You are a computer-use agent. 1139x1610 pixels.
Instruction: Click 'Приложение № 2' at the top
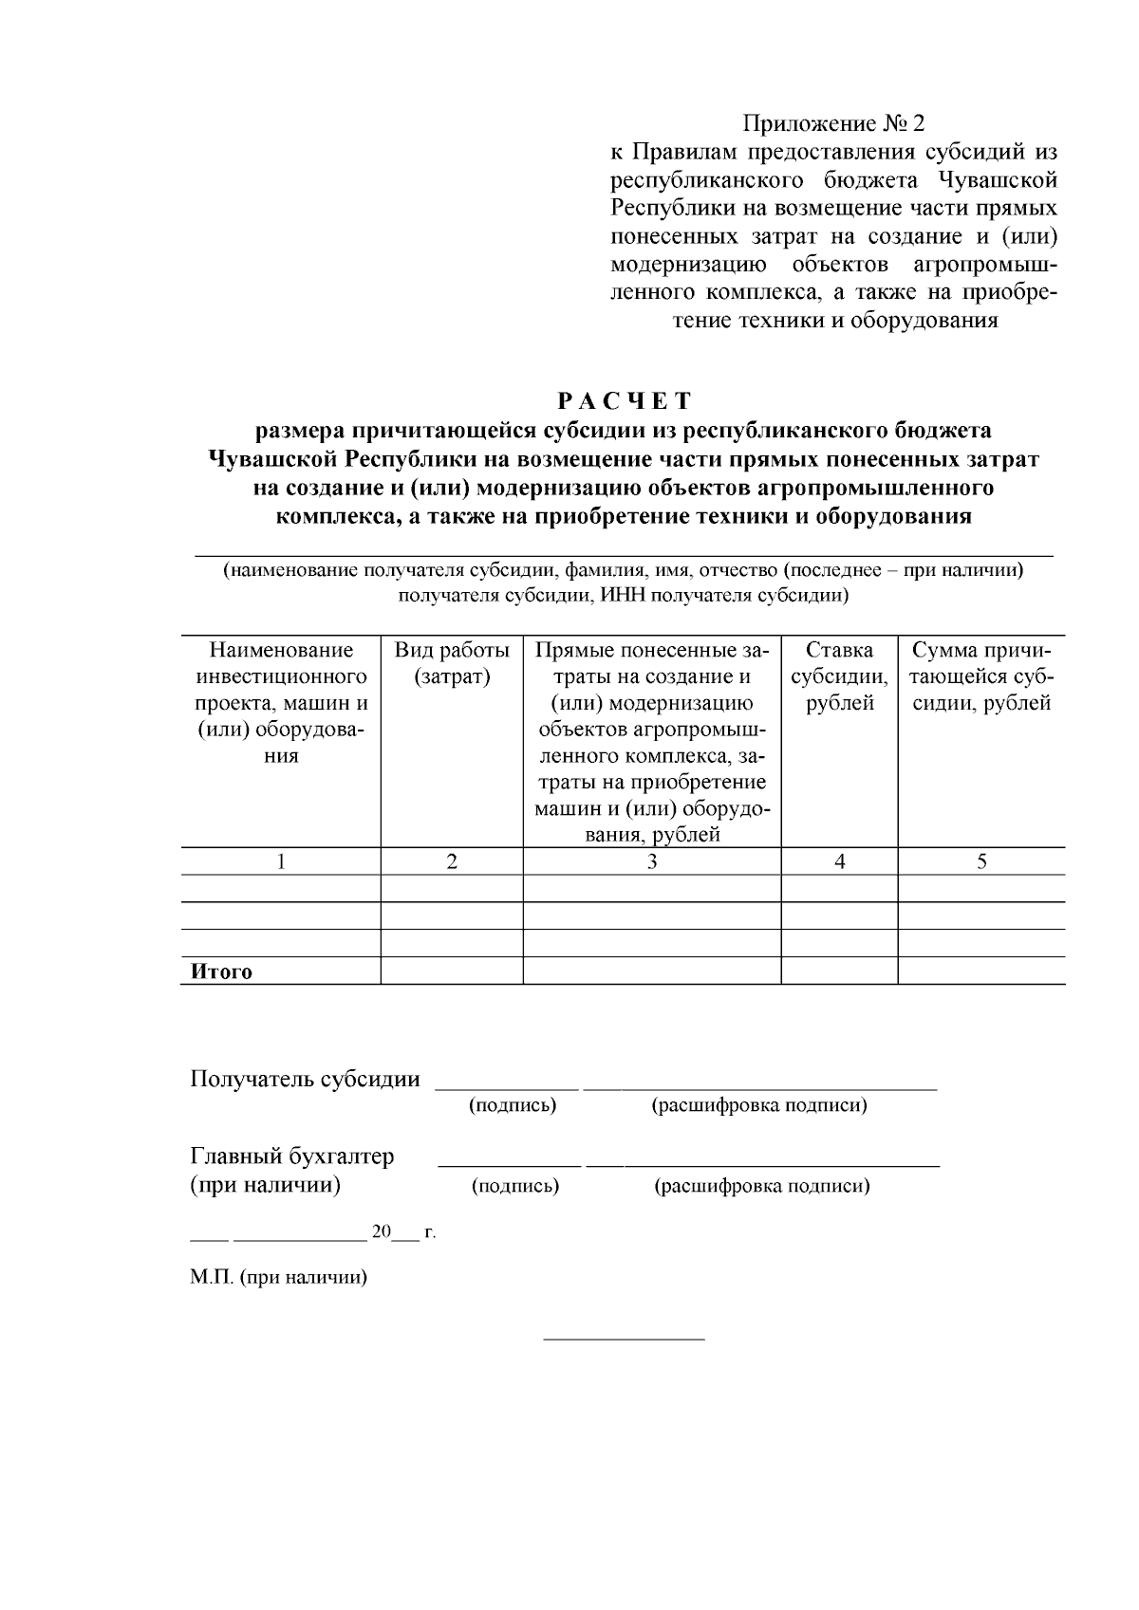pos(832,124)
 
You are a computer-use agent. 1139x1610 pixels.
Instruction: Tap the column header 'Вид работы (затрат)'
pos(452,663)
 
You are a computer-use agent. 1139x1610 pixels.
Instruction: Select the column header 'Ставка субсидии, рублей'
pos(839,676)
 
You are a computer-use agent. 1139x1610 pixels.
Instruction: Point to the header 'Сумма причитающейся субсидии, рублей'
pos(981,676)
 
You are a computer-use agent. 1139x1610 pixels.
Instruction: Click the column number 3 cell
pos(652,861)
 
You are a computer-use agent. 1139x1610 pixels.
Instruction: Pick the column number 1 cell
pos(280,861)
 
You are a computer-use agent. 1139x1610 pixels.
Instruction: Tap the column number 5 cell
pos(981,861)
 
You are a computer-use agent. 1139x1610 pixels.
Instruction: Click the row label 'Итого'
pos(222,972)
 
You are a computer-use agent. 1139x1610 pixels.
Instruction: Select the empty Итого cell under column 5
pos(981,972)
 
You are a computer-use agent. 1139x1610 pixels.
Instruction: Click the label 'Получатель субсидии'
pos(305,1079)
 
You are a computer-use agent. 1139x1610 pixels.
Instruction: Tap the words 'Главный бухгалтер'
pos(292,1157)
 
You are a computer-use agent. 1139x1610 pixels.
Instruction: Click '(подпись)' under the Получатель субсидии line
pos(513,1105)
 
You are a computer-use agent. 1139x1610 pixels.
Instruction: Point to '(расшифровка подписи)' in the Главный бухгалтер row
pos(762,1186)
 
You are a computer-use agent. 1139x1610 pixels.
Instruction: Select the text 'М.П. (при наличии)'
pos(278,1277)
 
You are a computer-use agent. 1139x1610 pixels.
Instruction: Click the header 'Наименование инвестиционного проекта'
pos(280,676)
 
